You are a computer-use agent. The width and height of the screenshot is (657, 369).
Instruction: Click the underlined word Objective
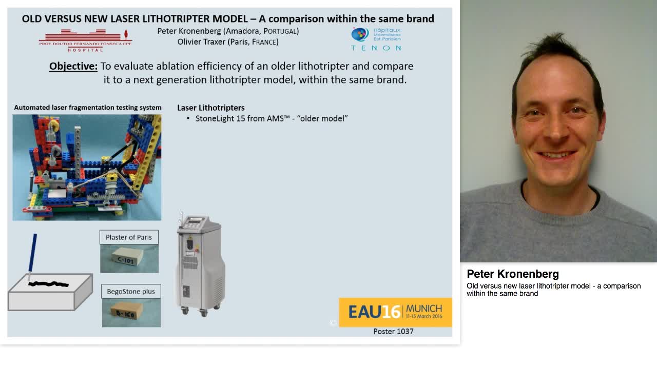[x=73, y=66]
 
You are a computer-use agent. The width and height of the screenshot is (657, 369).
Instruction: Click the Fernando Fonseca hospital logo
[x=85, y=40]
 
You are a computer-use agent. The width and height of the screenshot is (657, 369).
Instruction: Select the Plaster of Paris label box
[x=129, y=237]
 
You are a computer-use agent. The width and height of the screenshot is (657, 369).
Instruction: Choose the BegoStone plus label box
[x=131, y=292]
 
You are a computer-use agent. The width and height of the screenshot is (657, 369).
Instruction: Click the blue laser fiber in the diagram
[x=33, y=253]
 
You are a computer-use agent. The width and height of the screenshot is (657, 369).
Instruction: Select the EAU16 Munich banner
[x=395, y=312]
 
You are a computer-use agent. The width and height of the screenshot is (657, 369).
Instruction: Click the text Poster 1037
[x=393, y=332]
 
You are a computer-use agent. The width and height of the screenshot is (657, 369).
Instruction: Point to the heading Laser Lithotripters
[x=210, y=108]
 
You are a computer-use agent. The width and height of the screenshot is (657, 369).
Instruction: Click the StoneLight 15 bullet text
[x=272, y=118]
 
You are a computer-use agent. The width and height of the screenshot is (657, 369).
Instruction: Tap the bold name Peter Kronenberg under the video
[x=512, y=274]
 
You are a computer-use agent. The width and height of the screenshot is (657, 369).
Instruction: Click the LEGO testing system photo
[x=87, y=168]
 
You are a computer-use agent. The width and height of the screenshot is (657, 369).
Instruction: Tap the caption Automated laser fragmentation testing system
[x=88, y=108]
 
